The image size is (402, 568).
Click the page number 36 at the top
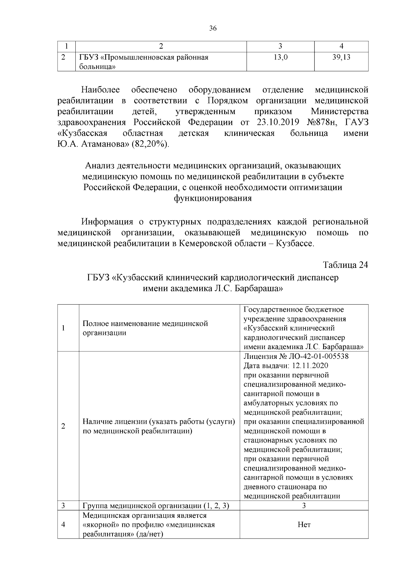213,28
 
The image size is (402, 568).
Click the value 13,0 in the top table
280,57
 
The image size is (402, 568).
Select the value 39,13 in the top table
341,57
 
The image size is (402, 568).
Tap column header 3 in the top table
280,46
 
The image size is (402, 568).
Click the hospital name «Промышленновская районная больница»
144,62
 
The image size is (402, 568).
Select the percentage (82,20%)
150,144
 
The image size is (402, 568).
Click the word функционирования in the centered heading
213,198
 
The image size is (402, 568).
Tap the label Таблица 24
345,265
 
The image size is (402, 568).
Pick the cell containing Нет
304,524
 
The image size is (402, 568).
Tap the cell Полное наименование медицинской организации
145,328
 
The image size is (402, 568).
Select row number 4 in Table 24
63,524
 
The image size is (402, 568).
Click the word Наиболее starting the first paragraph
100,90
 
